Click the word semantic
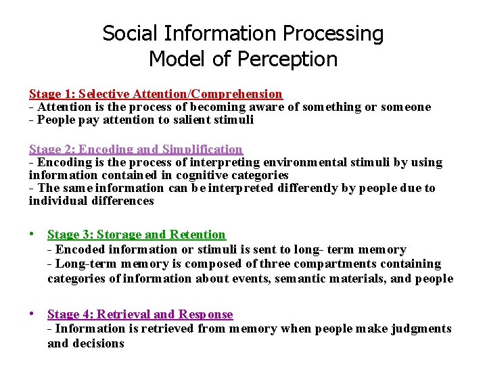point(298,278)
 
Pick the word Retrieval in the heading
point(124,314)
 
